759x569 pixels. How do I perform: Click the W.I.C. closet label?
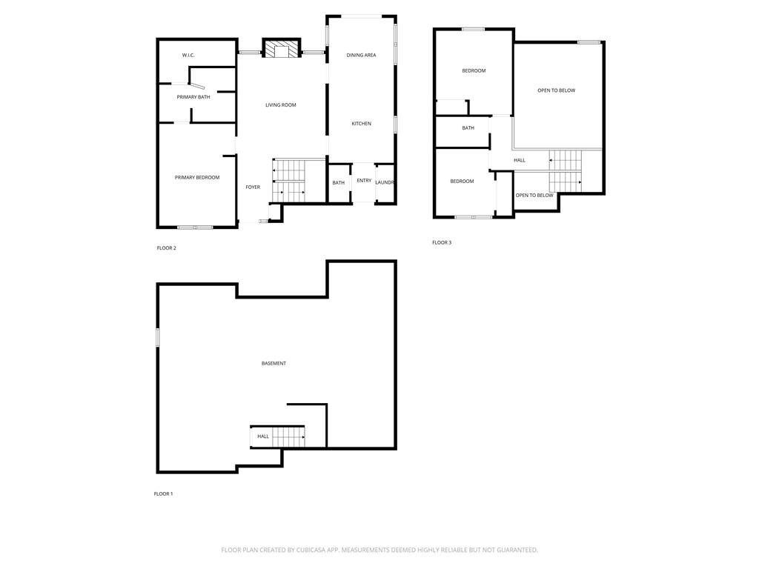(x=188, y=55)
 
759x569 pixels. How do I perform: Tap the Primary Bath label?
(x=193, y=97)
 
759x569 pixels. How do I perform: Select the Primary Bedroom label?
(x=197, y=178)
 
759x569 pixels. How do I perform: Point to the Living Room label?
(x=281, y=105)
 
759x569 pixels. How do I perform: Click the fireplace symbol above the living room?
(x=281, y=48)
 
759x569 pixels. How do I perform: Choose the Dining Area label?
(x=361, y=55)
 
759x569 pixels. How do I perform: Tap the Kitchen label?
(x=361, y=124)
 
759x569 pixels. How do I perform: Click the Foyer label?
(x=253, y=187)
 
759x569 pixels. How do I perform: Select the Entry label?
(x=364, y=181)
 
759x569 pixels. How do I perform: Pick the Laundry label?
(x=385, y=182)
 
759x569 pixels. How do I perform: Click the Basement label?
(x=274, y=363)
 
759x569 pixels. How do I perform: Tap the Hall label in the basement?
(x=263, y=436)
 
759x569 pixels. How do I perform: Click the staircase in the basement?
(x=288, y=437)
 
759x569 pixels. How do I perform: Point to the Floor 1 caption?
(x=163, y=494)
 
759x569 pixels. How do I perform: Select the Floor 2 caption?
(x=167, y=248)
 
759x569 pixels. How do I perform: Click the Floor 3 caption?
(x=442, y=242)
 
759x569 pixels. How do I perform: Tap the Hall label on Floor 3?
(x=520, y=160)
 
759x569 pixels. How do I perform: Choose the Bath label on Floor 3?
(x=468, y=128)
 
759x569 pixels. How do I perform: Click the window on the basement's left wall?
(x=157, y=337)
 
